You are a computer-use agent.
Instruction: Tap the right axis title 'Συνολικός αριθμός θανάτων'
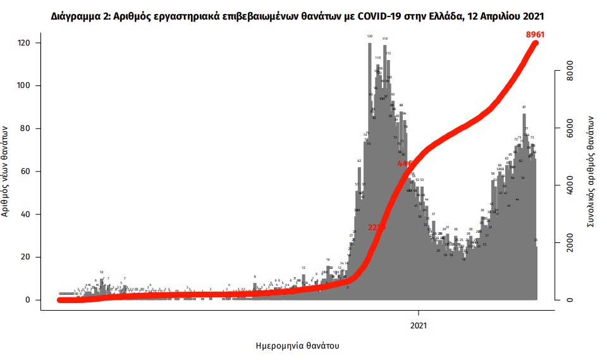[591, 171]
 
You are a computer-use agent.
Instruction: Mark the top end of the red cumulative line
[536, 43]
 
